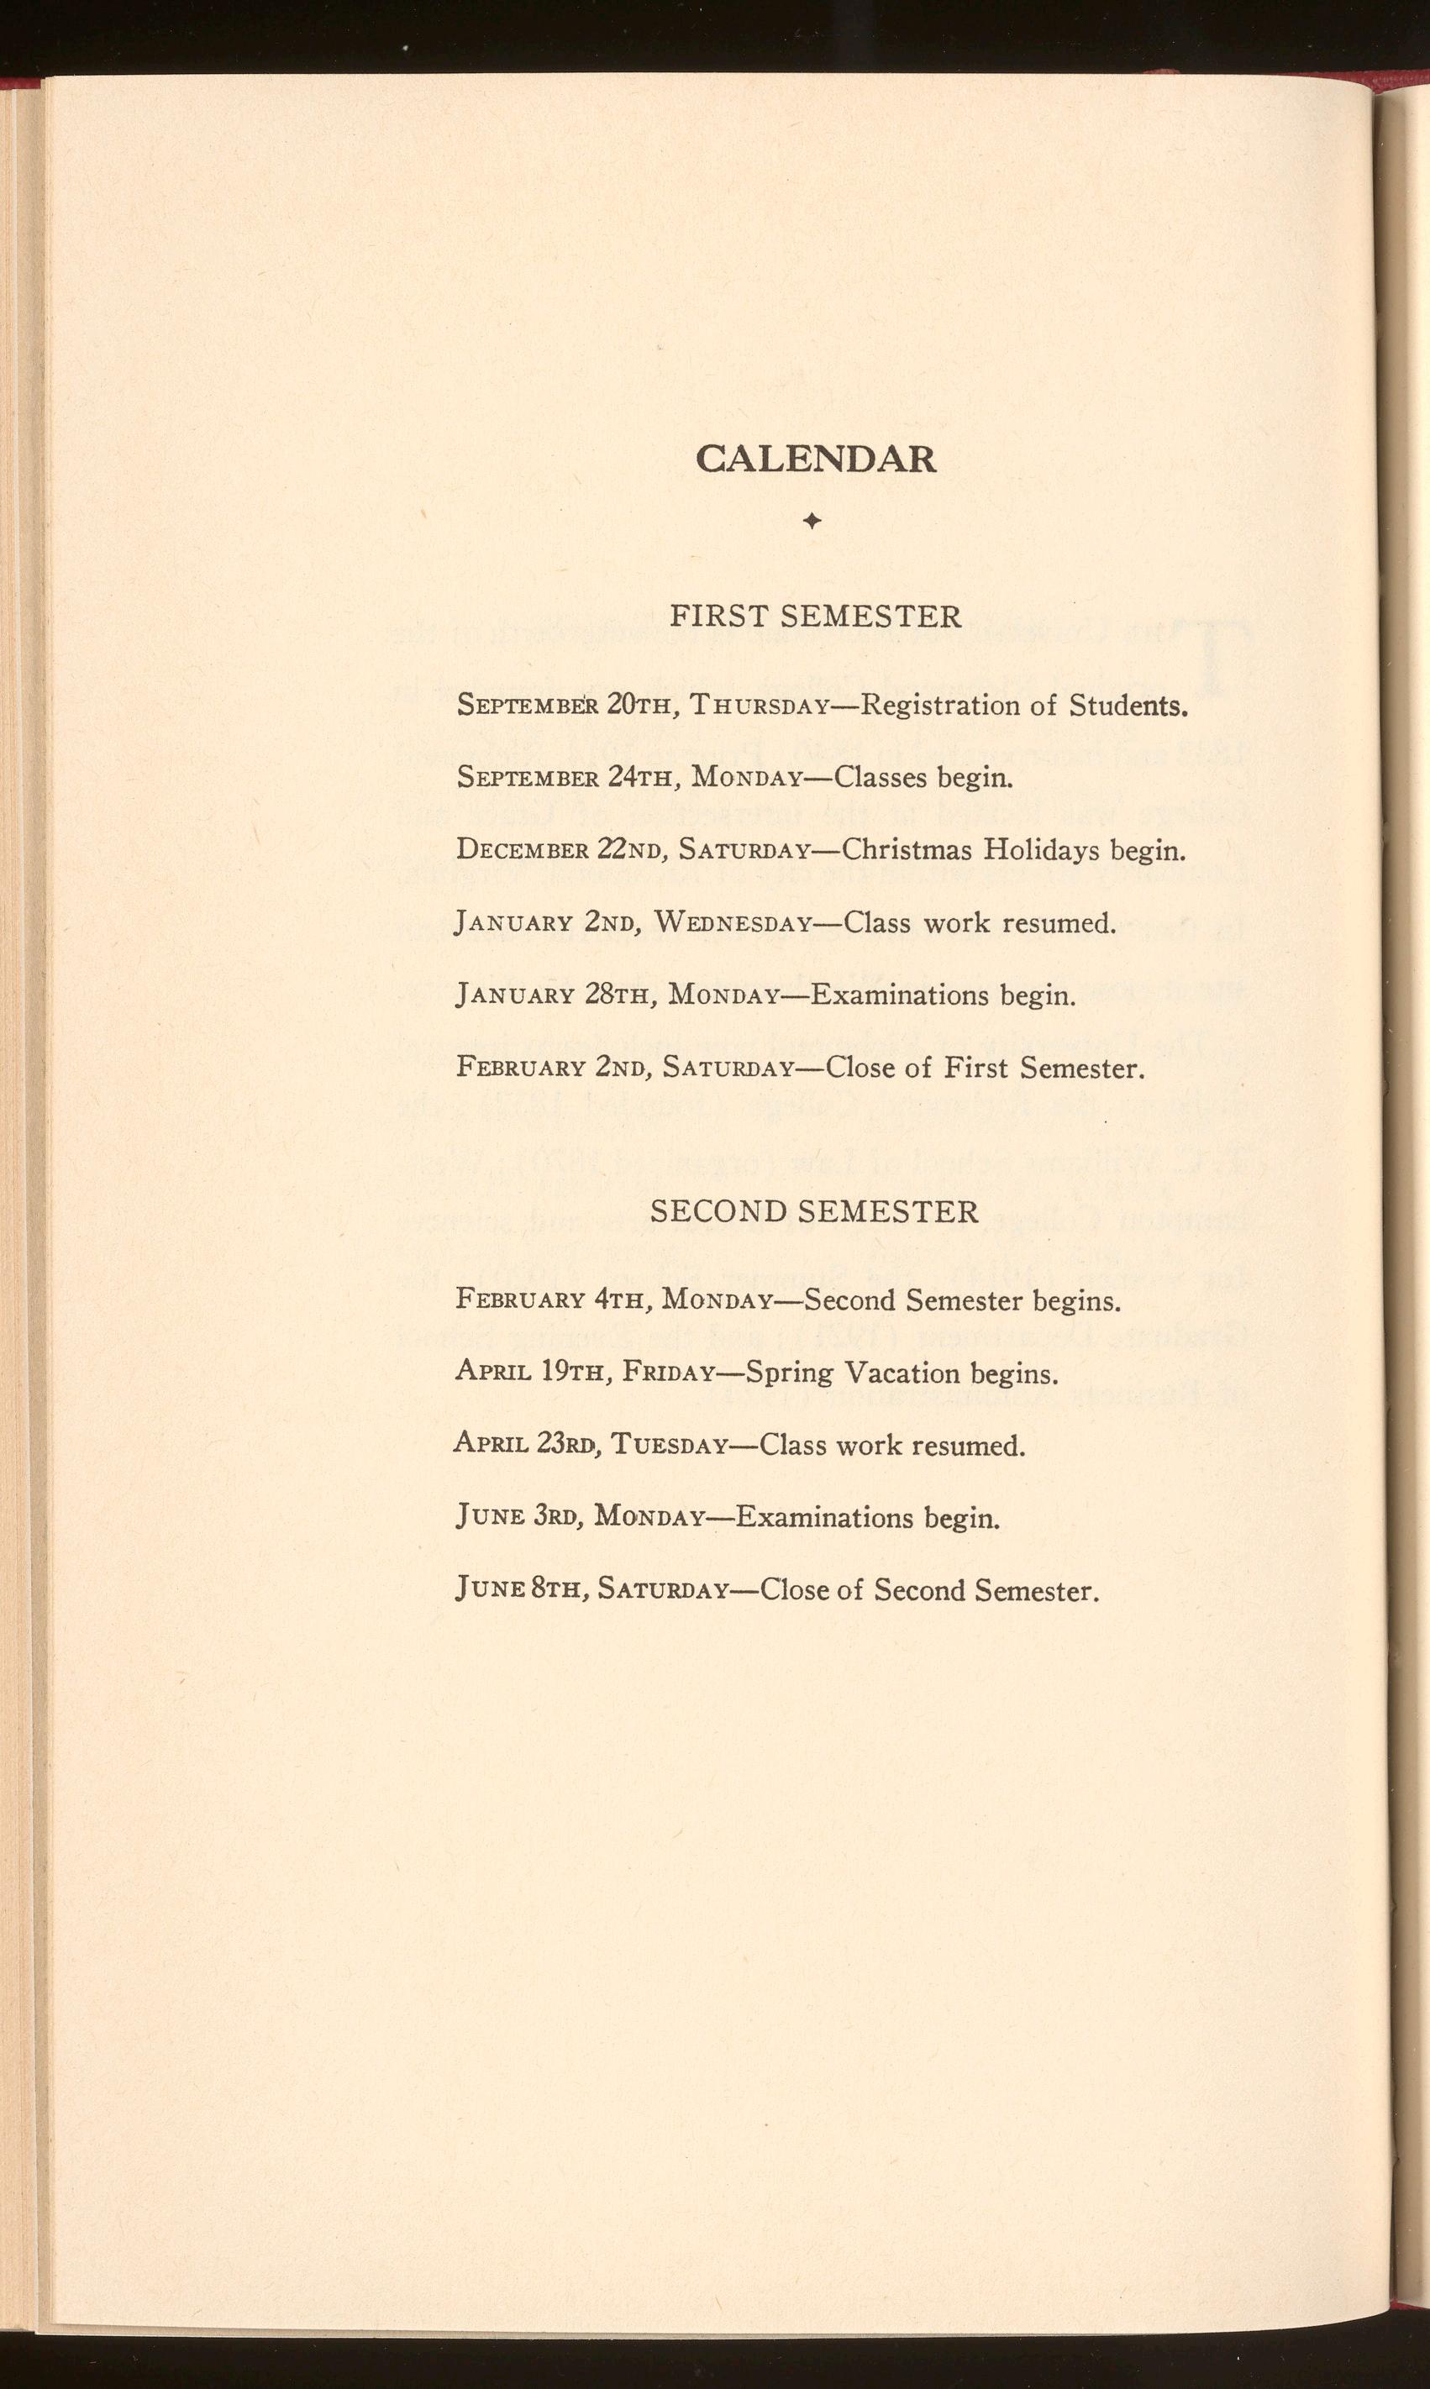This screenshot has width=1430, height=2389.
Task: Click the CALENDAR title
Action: point(815,459)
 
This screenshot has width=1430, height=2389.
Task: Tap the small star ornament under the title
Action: point(812,521)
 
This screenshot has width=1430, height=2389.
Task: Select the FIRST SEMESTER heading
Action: point(815,617)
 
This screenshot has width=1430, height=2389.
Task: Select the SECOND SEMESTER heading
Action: point(814,1210)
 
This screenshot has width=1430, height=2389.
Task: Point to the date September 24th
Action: point(563,776)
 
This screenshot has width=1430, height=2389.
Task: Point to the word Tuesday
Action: point(669,1445)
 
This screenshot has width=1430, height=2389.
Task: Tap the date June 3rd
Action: point(516,1517)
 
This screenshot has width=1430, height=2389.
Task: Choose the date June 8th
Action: point(518,1589)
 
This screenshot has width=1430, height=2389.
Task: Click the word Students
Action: point(1128,706)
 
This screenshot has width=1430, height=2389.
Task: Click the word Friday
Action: point(667,1372)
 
